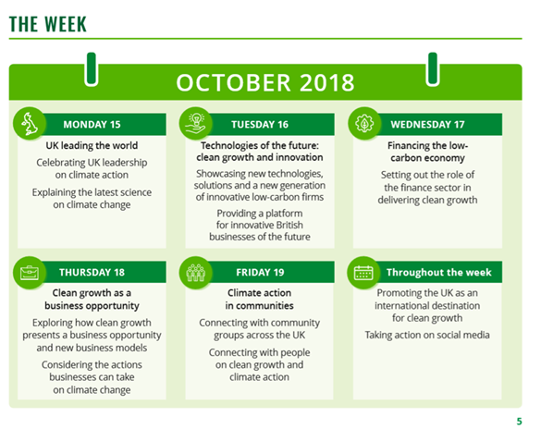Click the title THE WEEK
pyautogui.click(x=47, y=24)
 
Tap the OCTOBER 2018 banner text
pyautogui.click(x=265, y=82)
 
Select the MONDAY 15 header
pyautogui.click(x=92, y=125)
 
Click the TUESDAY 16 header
pyautogui.click(x=260, y=125)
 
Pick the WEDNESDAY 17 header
pyautogui.click(x=427, y=125)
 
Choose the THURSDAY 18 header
pyautogui.click(x=92, y=273)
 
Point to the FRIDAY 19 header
pyautogui.click(x=260, y=273)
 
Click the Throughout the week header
pyautogui.click(x=439, y=273)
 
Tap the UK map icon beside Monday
pyautogui.click(x=30, y=124)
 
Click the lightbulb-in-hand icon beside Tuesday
pyautogui.click(x=196, y=124)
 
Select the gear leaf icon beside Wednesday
pyautogui.click(x=364, y=124)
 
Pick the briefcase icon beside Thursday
pyautogui.click(x=30, y=273)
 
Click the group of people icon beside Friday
pyautogui.click(x=196, y=273)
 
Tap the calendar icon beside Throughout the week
pyautogui.click(x=363, y=273)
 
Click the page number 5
pyautogui.click(x=519, y=422)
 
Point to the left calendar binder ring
pyautogui.click(x=92, y=69)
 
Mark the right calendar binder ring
pyautogui.click(x=433, y=69)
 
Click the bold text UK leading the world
pyautogui.click(x=92, y=145)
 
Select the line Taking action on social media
pyautogui.click(x=427, y=335)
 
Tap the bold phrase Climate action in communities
pyautogui.click(x=260, y=299)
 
